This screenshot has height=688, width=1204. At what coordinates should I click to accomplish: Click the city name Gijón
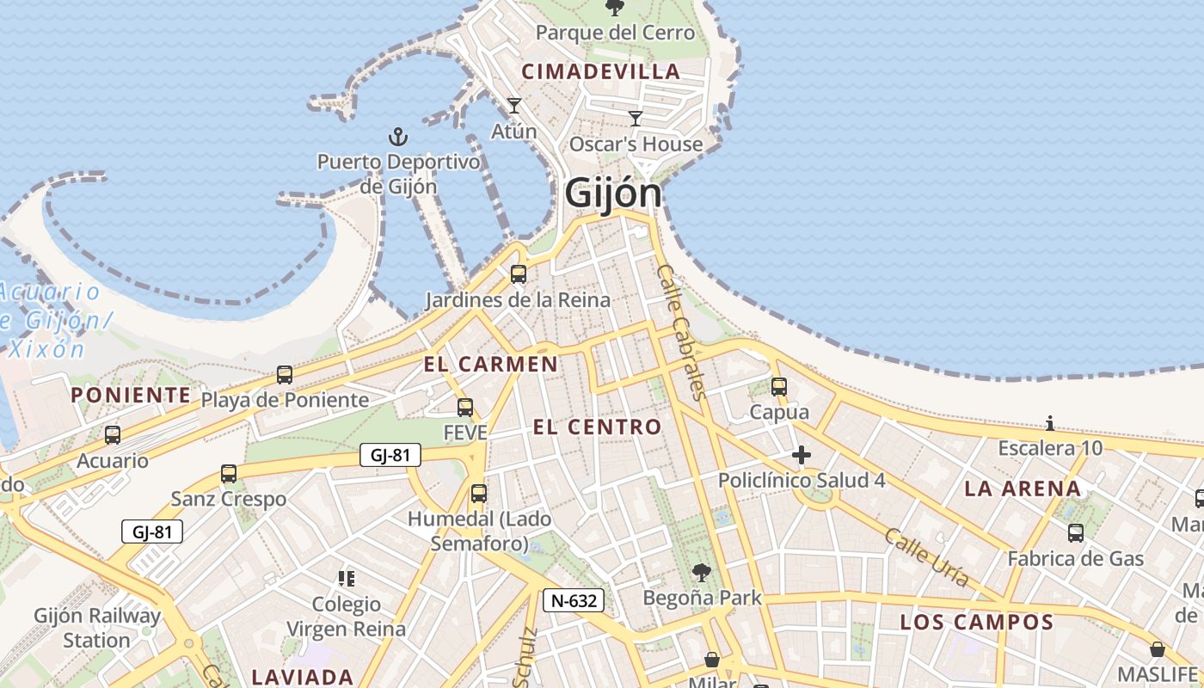(613, 193)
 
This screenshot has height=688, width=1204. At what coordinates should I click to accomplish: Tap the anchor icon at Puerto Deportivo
(397, 137)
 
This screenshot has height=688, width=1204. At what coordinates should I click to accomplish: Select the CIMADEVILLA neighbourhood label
(601, 72)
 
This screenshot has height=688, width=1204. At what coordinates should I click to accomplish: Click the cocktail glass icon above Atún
(514, 106)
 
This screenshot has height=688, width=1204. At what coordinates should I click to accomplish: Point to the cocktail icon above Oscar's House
(636, 118)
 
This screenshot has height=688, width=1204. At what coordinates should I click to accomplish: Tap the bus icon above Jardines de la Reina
(518, 274)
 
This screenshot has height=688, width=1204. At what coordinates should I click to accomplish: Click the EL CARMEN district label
(490, 364)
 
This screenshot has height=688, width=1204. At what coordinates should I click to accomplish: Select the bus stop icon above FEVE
(465, 407)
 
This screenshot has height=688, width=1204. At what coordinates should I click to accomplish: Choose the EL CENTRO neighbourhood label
(597, 427)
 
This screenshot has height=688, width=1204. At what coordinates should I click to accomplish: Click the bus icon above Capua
(779, 387)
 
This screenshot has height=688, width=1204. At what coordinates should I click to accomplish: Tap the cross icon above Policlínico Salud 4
(802, 454)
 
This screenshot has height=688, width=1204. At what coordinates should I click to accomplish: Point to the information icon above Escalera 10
(1050, 423)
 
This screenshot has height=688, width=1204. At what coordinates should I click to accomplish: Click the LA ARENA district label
(1022, 488)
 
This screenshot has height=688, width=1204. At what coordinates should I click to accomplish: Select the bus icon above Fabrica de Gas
(1076, 533)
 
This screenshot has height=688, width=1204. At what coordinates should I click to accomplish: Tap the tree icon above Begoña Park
(703, 572)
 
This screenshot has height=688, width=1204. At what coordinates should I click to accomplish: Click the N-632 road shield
(574, 600)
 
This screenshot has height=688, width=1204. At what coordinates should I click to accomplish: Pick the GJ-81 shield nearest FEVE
(390, 455)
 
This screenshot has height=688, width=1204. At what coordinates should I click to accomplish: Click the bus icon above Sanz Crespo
(229, 474)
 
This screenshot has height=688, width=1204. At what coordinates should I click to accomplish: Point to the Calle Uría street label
(927, 557)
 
